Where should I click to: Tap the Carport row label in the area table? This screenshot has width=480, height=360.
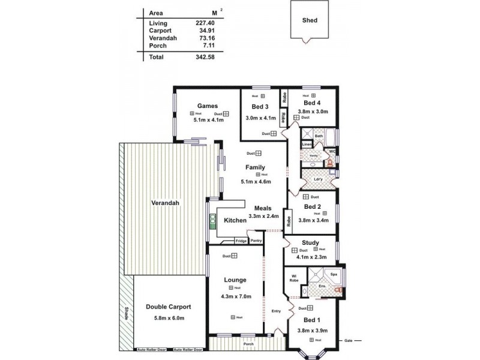(x=160, y=30)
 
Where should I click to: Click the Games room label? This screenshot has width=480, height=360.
(x=207, y=106)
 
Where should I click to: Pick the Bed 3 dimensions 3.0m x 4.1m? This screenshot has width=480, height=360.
(x=260, y=118)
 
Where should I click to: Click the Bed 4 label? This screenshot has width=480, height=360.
(x=312, y=103)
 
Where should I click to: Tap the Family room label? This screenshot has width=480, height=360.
(x=256, y=168)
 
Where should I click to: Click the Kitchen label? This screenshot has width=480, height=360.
(x=235, y=221)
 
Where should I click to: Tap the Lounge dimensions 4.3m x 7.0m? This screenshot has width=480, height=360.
(x=235, y=296)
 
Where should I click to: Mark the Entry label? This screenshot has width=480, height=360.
(x=275, y=310)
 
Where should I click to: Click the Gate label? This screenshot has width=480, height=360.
(x=348, y=341)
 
